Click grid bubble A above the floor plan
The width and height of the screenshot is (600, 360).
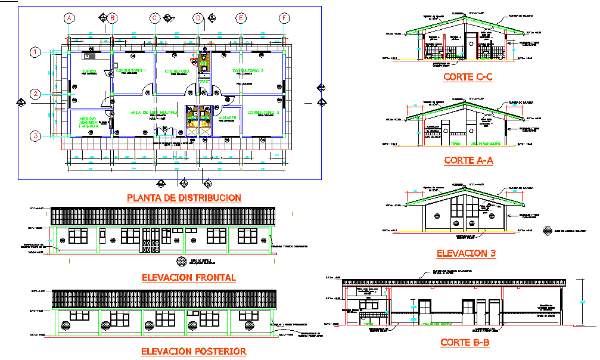[x=69, y=18]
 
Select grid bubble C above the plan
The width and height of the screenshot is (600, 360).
[x=154, y=18]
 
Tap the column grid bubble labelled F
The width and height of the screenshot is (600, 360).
[x=284, y=18]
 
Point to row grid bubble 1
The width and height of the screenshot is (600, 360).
[x=36, y=52]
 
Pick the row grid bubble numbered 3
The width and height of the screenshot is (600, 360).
[x=36, y=136]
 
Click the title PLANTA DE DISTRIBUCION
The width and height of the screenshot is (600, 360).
[x=184, y=198]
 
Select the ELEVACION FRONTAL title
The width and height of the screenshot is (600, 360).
[x=189, y=277]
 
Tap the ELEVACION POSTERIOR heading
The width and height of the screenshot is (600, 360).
[x=193, y=352]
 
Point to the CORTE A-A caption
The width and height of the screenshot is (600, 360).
[x=468, y=160]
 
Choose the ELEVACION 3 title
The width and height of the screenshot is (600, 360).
[x=466, y=253]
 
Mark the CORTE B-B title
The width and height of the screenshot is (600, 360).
[x=465, y=343]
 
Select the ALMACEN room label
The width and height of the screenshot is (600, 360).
[x=228, y=118]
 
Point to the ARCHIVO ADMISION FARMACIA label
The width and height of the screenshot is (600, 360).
[x=89, y=122]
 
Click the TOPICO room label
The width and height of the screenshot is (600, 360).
[x=89, y=72]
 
